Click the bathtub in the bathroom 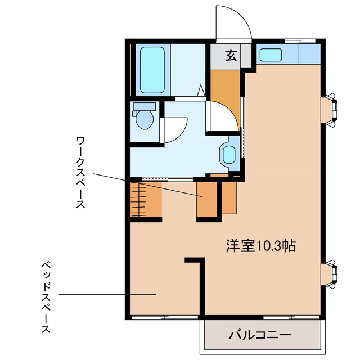pyautogui.click(x=152, y=70)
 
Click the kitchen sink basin pyautogui.click(x=271, y=55)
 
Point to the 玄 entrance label pyautogui.click(x=231, y=55)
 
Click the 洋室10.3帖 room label pyautogui.click(x=261, y=246)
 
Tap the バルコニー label pyautogui.click(x=260, y=335)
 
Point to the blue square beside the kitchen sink pyautogui.click(x=309, y=54)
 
